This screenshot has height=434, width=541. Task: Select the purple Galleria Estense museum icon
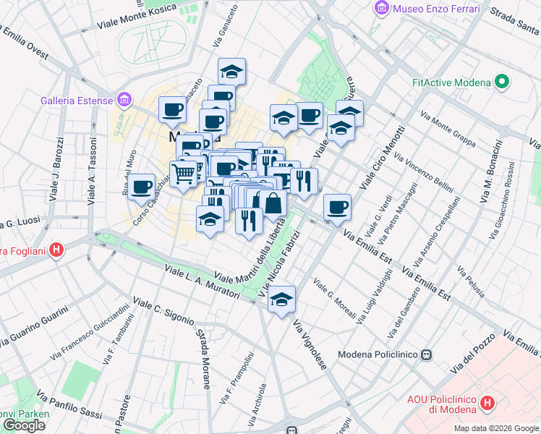coord(124,99)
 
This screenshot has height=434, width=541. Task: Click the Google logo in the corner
coord(24,425)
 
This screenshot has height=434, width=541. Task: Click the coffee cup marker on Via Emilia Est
coord(337,207)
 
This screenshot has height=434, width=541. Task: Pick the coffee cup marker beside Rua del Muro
coord(142,187)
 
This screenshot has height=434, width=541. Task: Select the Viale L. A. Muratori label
coord(203,283)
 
